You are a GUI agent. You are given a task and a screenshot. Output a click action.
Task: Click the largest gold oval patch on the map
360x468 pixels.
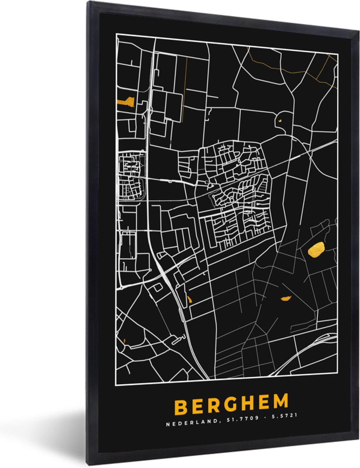pyautogui.click(x=316, y=249)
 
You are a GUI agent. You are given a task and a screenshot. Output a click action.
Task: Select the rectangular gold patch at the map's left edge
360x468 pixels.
pyautogui.click(x=126, y=103)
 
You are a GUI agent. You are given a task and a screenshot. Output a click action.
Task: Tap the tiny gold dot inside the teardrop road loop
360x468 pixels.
pyautogui.click(x=280, y=121)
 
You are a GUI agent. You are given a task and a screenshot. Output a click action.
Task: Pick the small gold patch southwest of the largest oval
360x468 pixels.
pyautogui.click(x=286, y=299)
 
